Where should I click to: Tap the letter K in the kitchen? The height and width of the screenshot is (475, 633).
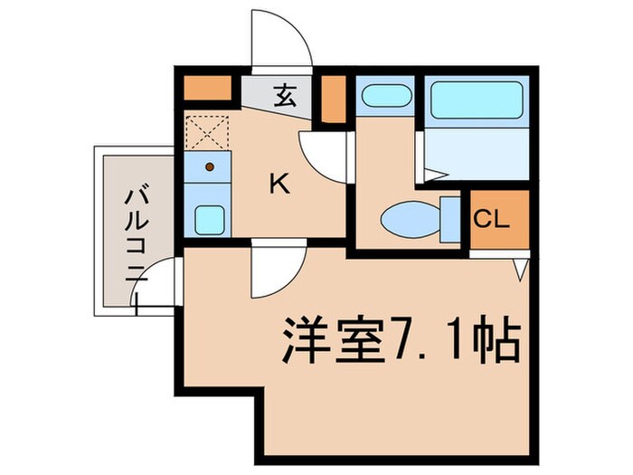(279, 185)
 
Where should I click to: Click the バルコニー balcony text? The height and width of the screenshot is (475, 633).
(137, 231)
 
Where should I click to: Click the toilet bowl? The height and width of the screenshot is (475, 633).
(411, 219)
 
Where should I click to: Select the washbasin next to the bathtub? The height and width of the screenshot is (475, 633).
(384, 96)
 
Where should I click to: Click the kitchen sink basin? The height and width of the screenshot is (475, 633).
(210, 218)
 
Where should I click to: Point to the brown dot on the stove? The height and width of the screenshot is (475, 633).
(210, 166)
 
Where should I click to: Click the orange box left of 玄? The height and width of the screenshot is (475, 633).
(208, 89)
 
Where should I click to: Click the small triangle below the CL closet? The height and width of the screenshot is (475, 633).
(522, 269)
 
